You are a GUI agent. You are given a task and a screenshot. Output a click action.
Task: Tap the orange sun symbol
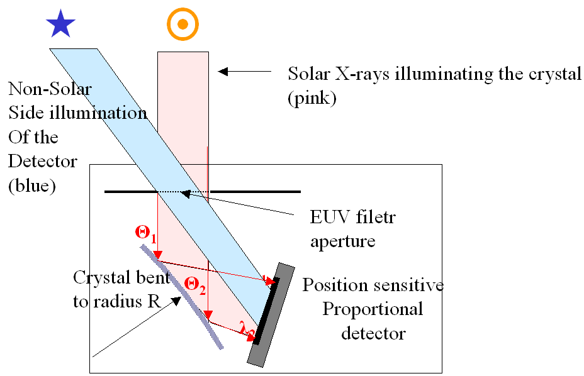point(182,25)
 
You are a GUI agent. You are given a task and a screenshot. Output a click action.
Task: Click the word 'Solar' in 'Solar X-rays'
point(310,74)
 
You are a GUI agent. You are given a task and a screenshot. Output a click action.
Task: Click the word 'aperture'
point(343,241)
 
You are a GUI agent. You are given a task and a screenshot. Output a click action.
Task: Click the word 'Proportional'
point(373,309)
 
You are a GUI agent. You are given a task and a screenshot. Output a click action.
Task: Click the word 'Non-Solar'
point(50,89)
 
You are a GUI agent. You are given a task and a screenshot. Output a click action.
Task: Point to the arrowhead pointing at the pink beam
point(221,72)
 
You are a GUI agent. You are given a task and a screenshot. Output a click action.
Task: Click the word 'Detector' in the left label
point(43,161)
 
